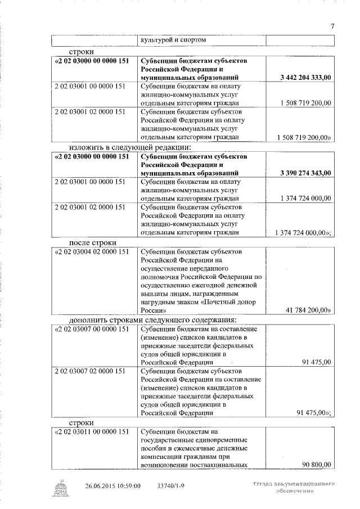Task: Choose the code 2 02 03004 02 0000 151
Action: click(x=91, y=252)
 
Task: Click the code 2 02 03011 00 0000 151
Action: click(x=91, y=432)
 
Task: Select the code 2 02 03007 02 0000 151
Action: click(x=91, y=372)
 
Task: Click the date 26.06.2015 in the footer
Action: click(x=100, y=485)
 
